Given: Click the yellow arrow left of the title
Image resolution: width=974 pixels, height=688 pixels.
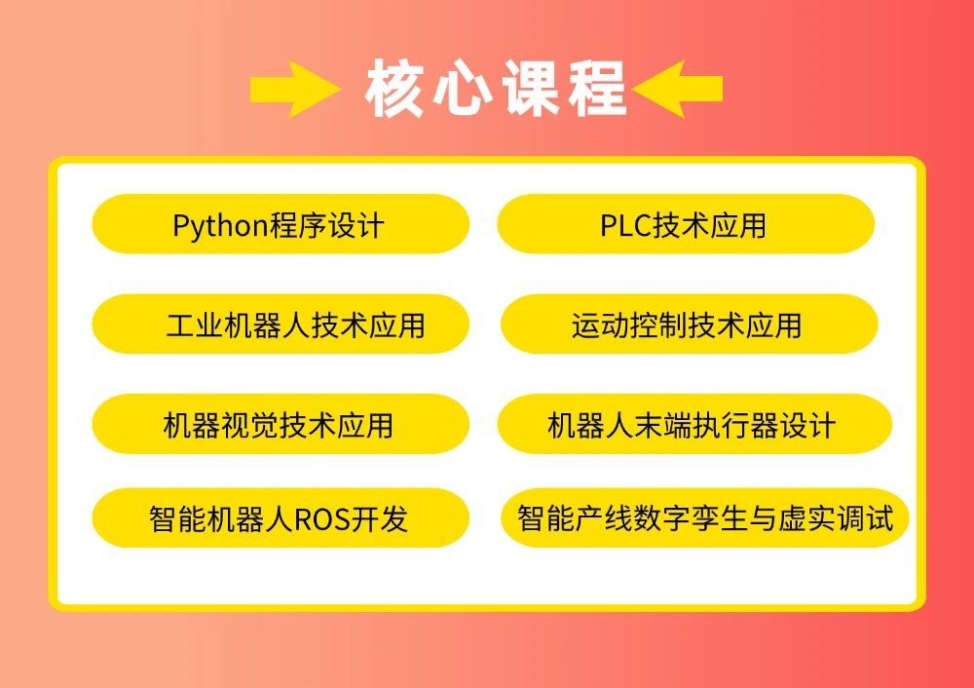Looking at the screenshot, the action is pyautogui.click(x=294, y=89).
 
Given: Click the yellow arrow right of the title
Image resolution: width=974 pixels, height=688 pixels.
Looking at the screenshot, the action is pyautogui.click(x=677, y=89).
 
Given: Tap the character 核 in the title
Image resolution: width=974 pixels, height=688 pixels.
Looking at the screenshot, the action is pyautogui.click(x=394, y=89).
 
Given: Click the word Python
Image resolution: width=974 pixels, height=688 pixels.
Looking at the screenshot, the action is pyautogui.click(x=220, y=226).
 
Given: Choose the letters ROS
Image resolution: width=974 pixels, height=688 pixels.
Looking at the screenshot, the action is pyautogui.click(x=322, y=519).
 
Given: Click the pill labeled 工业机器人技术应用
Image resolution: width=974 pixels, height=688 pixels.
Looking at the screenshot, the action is pyautogui.click(x=281, y=324).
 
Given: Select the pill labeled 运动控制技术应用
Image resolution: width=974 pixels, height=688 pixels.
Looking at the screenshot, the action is pyautogui.click(x=689, y=324).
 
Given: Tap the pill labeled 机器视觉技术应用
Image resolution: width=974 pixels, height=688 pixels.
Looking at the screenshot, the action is pyautogui.click(x=281, y=424).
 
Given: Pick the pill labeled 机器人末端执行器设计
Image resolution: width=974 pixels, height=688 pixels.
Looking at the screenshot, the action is pyautogui.click(x=694, y=424).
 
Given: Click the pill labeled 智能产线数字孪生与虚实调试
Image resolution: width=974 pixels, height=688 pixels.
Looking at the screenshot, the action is pyautogui.click(x=704, y=517).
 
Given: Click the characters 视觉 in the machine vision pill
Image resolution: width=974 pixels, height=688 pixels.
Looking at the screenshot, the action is pyautogui.click(x=249, y=425).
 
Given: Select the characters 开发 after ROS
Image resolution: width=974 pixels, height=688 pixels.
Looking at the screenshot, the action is pyautogui.click(x=380, y=519).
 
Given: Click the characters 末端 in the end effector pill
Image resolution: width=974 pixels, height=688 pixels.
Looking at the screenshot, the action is pyautogui.click(x=662, y=425).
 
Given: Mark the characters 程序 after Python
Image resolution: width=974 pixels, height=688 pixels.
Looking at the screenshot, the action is pyautogui.click(x=297, y=225).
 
